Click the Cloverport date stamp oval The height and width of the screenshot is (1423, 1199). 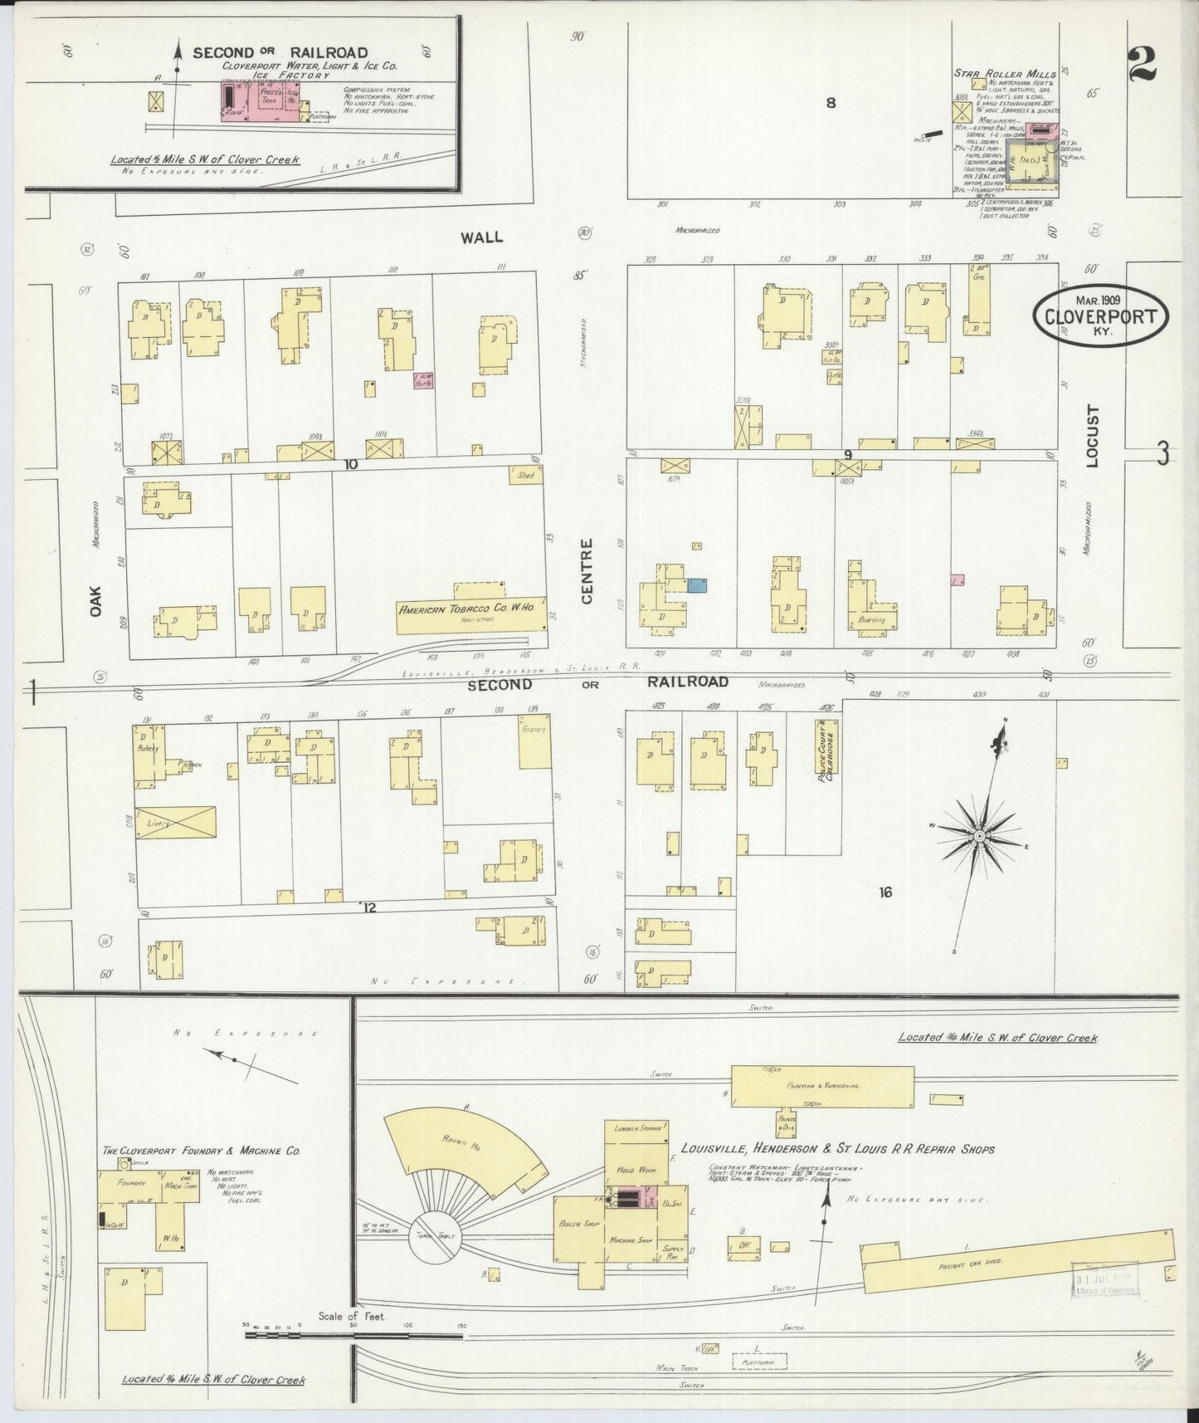[x=1100, y=313]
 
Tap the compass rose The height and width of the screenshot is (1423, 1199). [x=980, y=834]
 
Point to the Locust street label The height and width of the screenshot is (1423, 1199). [x=1091, y=435]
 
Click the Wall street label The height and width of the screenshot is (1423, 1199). [x=482, y=237]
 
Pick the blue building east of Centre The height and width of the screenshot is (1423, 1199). [x=698, y=585]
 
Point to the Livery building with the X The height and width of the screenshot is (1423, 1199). [x=175, y=823]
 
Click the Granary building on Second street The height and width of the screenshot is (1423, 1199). [x=534, y=741]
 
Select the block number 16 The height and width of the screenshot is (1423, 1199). [x=885, y=892]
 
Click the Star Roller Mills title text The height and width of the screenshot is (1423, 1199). [x=1017, y=74]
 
